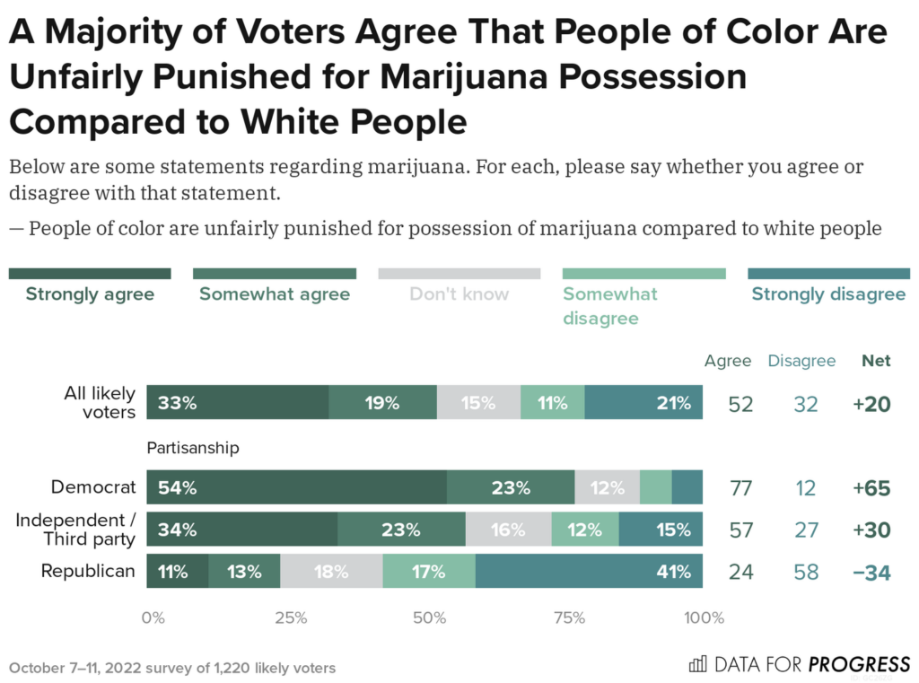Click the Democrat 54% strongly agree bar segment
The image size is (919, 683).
pos(296,487)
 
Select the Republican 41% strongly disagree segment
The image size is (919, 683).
pos(589,572)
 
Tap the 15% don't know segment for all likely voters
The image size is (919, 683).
pos(478,403)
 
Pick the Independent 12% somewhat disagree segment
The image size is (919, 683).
pos(584,530)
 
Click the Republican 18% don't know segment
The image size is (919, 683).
pos(331,572)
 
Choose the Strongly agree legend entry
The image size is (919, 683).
pos(90,293)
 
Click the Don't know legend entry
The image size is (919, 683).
pos(459,293)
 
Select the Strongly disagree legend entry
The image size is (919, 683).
pos(828,293)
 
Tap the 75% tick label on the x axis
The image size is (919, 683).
pos(569,617)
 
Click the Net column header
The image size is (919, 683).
pos(876,361)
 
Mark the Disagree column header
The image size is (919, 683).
pos(801,361)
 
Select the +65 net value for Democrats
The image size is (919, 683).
pos(871,488)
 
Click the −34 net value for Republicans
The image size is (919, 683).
pos(871,572)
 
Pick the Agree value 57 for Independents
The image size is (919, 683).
pos(740,530)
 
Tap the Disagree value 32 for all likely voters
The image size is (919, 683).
pos(805,404)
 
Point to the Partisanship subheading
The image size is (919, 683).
pos(193,447)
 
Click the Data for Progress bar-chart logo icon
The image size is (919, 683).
pos(697,664)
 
